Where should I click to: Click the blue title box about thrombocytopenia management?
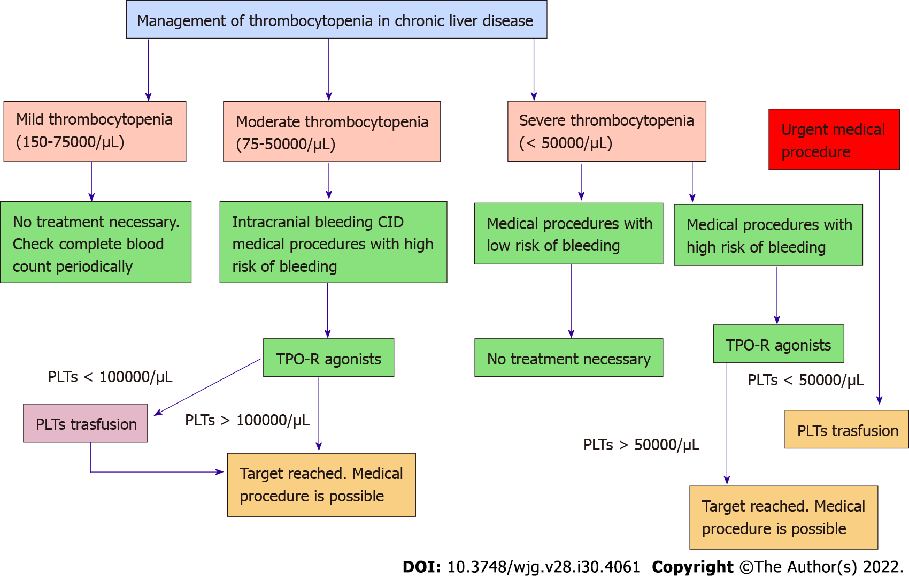[336, 20]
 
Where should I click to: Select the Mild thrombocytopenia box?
[95, 131]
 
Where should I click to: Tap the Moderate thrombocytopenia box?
[332, 132]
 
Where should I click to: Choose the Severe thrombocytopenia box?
[606, 131]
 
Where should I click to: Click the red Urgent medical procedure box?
[834, 140]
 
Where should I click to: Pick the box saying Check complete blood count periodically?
[96, 242]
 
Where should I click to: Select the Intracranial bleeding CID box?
[333, 242]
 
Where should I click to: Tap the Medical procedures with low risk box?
[568, 234]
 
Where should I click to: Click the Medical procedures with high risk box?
[768, 235]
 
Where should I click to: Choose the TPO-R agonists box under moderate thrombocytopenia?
[328, 358]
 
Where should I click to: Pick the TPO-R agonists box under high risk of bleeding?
[778, 344]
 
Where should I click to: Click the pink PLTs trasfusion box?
[86, 423]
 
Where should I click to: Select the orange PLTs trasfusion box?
[846, 430]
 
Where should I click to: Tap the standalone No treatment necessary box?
[568, 358]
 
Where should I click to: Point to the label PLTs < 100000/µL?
[110, 377]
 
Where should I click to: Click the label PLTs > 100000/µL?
[247, 420]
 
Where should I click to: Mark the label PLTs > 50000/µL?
[641, 445]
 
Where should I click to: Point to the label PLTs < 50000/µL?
[805, 380]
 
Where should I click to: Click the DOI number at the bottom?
[543, 567]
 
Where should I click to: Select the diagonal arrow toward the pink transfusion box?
[207, 387]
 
